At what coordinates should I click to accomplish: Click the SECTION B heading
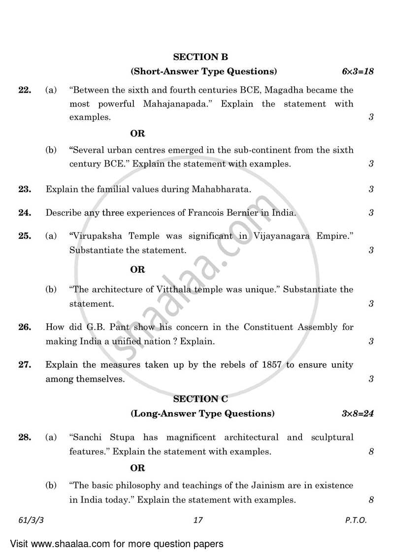200,57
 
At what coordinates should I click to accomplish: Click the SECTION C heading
200,399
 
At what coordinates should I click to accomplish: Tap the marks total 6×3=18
358,71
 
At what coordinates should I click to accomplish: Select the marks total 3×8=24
358,413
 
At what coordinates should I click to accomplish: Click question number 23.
25,189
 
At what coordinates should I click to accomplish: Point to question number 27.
25,365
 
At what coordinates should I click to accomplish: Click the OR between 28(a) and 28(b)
137,468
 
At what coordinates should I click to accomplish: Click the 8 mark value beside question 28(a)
371,452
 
